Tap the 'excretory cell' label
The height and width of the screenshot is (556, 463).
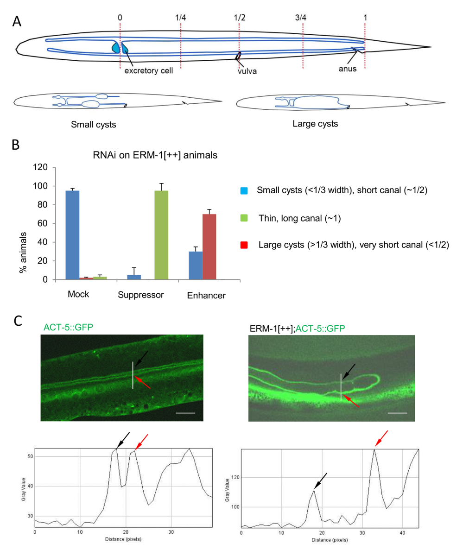point(145,72)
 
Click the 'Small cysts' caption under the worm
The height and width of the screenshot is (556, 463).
point(93,125)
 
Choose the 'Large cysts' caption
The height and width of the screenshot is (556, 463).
point(315,124)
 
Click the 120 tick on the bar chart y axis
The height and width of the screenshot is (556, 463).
point(41,167)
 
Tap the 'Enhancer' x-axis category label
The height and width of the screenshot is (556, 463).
point(206,295)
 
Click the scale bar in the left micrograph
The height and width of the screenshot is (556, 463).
point(185,412)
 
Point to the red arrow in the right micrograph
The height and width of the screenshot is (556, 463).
point(352,401)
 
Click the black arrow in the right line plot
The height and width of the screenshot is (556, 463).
point(320,480)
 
